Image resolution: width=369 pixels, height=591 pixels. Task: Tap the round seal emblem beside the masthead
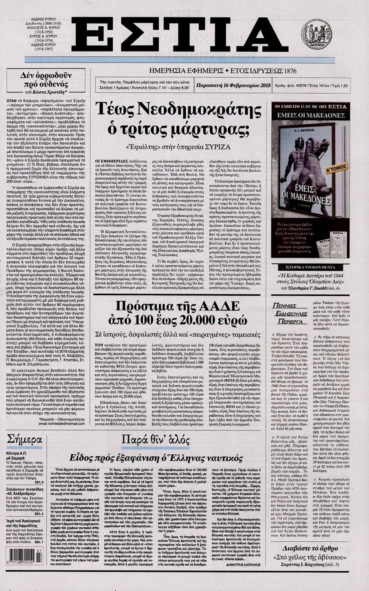click(x=316, y=34)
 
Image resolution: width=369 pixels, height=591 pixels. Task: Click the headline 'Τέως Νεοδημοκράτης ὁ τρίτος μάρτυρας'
click(x=178, y=120)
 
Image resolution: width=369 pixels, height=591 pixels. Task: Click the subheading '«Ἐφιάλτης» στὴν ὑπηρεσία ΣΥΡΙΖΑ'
click(x=178, y=146)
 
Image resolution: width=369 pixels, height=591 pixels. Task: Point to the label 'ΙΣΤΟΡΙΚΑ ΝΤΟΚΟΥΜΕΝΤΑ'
click(x=310, y=267)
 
